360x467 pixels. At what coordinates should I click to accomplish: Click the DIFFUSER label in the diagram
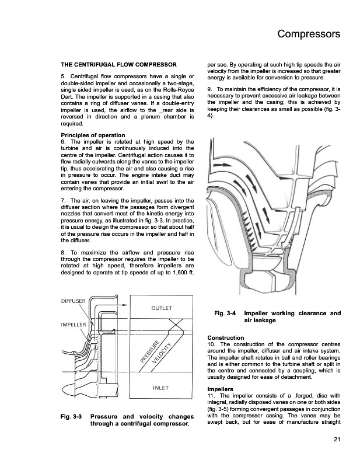tap(74, 301)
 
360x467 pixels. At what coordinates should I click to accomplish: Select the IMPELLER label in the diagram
tap(74, 324)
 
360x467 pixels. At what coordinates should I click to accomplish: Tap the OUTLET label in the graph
tap(160, 308)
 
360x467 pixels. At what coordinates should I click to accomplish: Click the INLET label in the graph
tap(160, 387)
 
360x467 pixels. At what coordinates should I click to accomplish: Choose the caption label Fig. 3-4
tap(225, 313)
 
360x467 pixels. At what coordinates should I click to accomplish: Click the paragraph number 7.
tap(62, 201)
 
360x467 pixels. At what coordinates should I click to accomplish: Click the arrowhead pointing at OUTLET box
tap(125, 305)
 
